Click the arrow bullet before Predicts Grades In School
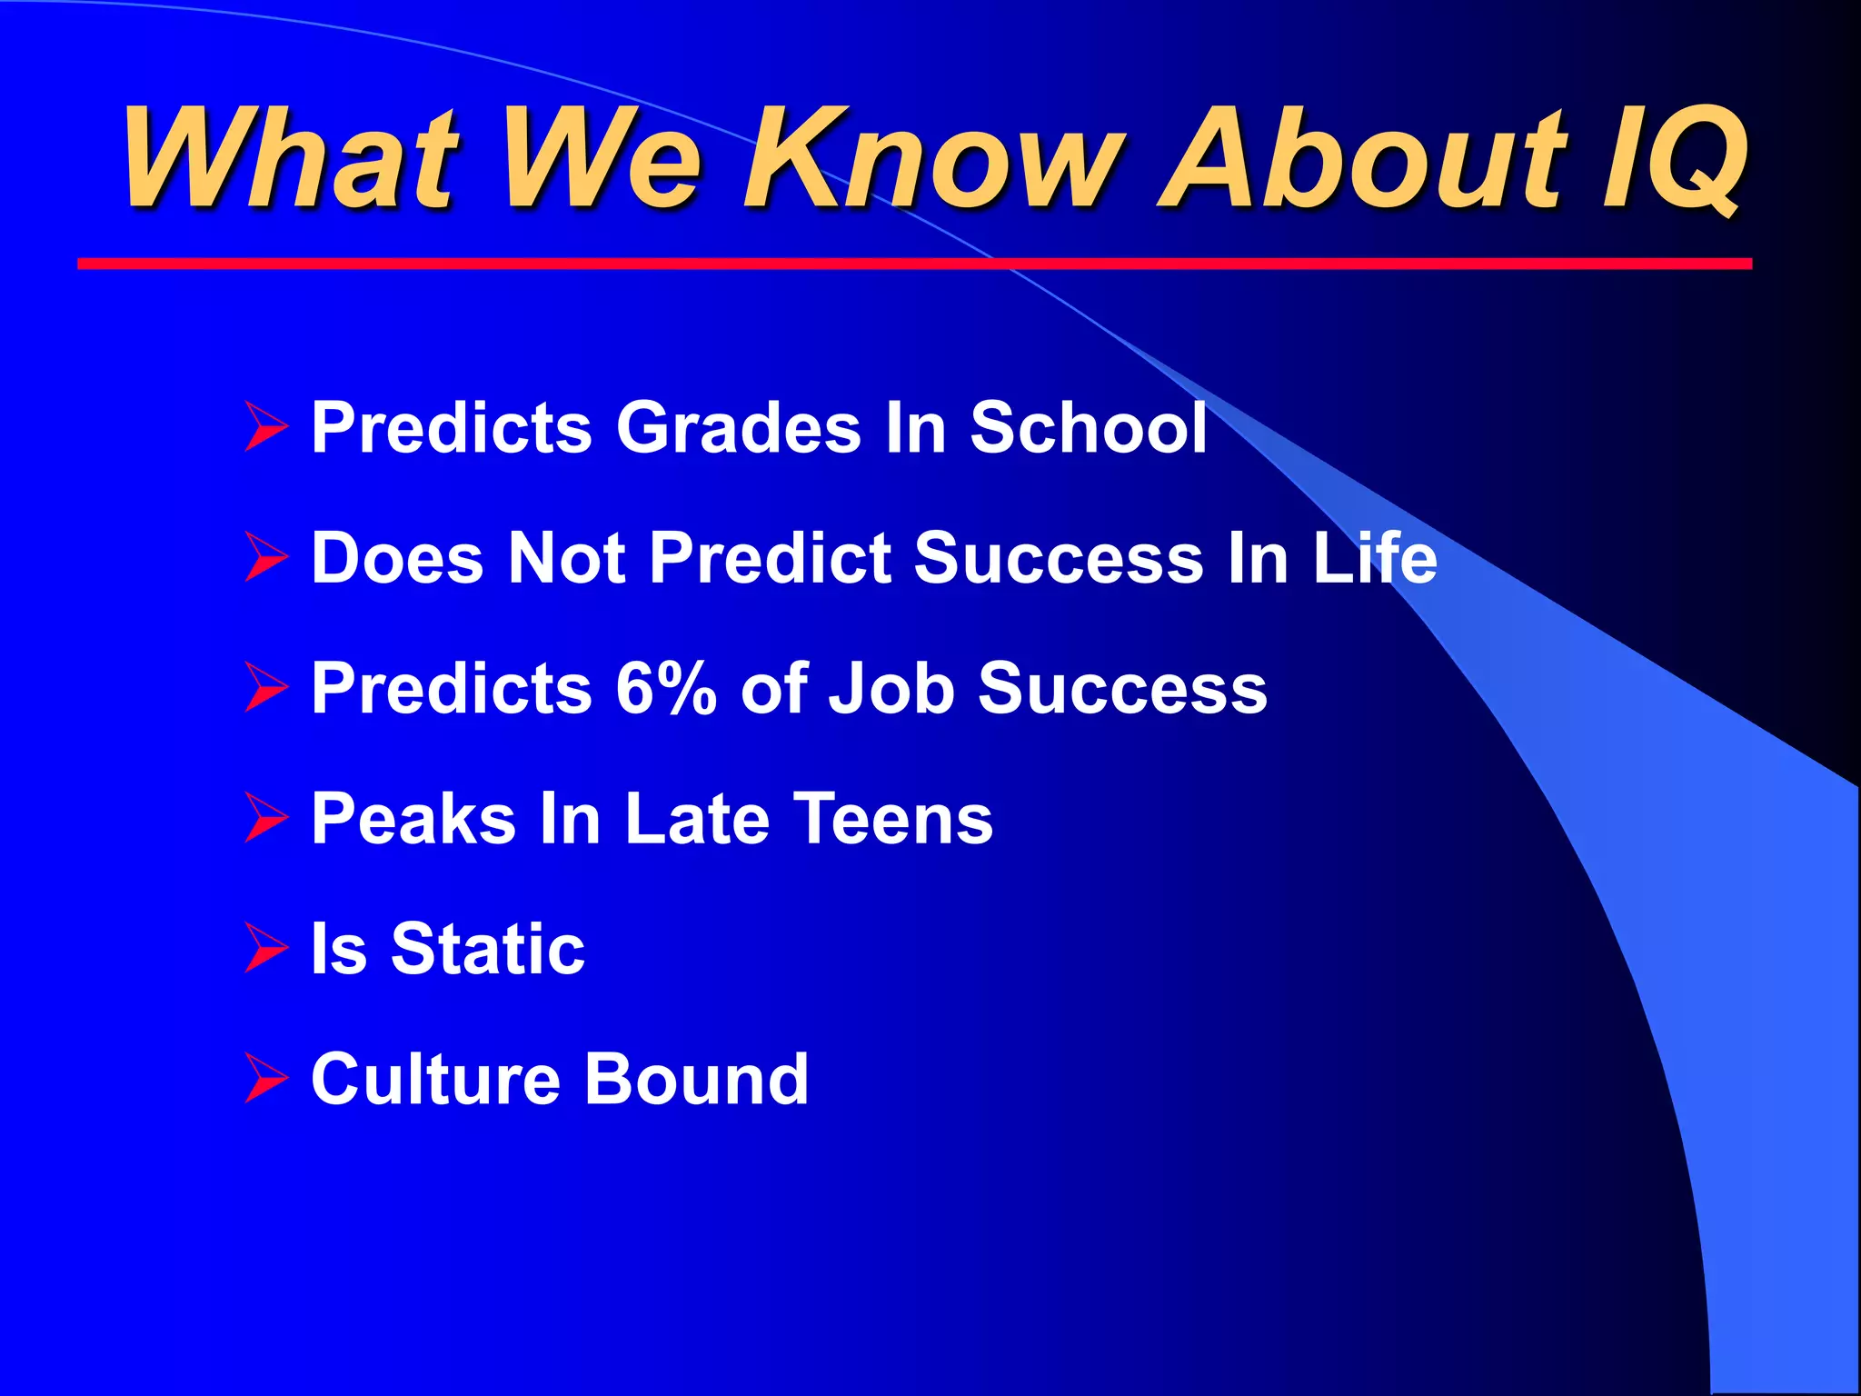[x=265, y=428]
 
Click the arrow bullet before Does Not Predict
[x=265, y=558]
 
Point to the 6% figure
[x=666, y=688]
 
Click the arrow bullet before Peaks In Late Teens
[x=265, y=818]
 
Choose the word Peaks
[x=413, y=818]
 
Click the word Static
[x=488, y=948]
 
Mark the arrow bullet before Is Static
[x=265, y=949]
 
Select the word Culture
[x=435, y=1078]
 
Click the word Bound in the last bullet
[x=696, y=1078]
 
